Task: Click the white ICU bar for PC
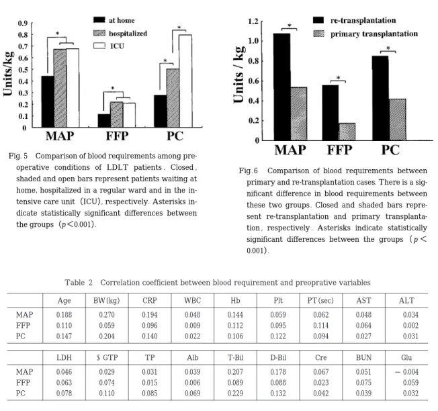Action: (x=185, y=81)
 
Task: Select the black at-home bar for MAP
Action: (x=48, y=101)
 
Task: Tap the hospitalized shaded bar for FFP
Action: (x=116, y=114)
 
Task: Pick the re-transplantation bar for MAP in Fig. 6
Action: (x=282, y=87)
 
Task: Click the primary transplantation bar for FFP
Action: (x=347, y=132)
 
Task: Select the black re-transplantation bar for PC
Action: (x=380, y=98)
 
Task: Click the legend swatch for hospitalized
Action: (x=99, y=33)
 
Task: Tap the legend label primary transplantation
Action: (x=374, y=34)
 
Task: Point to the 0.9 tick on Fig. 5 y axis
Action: (x=23, y=24)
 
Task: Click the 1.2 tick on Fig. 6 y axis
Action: (x=253, y=21)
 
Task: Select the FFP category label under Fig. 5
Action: (x=117, y=136)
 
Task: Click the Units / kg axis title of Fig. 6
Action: (x=239, y=75)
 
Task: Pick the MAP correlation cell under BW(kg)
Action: (x=107, y=315)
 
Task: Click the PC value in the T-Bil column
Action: (x=235, y=394)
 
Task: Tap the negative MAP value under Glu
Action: (x=406, y=372)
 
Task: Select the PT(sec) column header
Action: (x=320, y=301)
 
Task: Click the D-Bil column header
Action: (x=278, y=358)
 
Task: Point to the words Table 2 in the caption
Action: (x=79, y=283)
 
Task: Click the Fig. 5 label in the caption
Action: (x=18, y=156)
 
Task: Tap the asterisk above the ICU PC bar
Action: (x=179, y=28)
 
